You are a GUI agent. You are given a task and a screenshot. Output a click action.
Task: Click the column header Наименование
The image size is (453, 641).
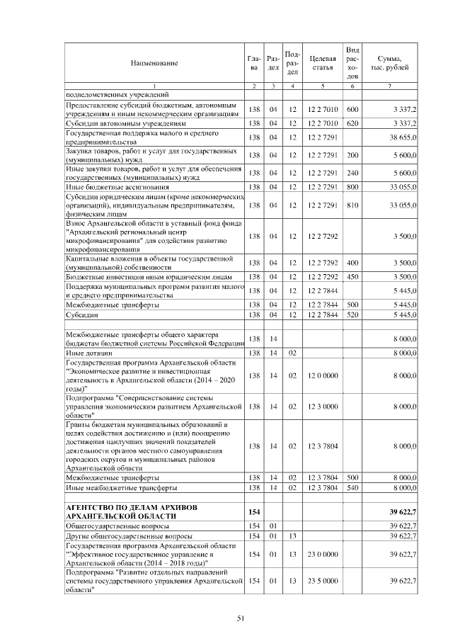(154, 63)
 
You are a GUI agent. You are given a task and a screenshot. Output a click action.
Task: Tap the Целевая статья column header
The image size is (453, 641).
(322, 63)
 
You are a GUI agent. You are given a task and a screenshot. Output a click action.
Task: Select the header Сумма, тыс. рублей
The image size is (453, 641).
(390, 63)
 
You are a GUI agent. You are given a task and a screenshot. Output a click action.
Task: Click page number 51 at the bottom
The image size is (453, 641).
(240, 618)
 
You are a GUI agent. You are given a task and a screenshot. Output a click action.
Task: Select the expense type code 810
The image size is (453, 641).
(352, 205)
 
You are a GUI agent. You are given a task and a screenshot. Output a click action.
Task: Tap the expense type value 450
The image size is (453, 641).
(352, 277)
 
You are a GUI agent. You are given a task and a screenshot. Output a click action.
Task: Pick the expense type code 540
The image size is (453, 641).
(352, 488)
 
